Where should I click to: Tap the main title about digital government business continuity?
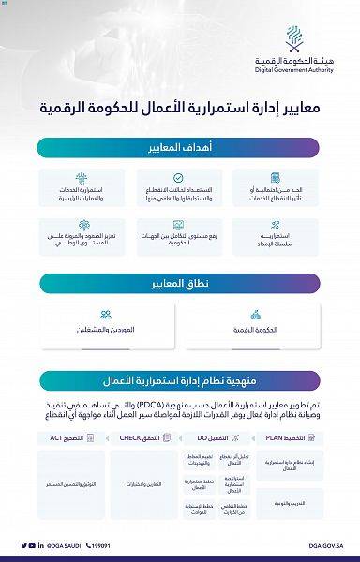pos(180,107)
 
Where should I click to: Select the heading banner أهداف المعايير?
pos(180,148)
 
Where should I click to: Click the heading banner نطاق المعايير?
pos(180,283)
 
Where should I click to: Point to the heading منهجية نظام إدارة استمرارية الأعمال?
pos(180,380)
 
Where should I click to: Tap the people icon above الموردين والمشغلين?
pos(106,314)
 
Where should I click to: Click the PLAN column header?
pos(289,437)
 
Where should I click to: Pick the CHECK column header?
pos(142,437)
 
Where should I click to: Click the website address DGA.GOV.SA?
pos(326,544)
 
